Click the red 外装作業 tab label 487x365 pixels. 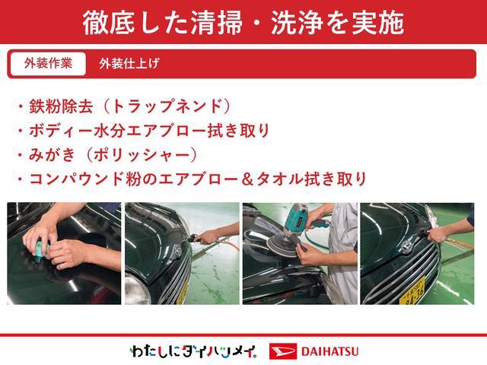[47, 64]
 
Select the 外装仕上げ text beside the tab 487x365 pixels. [129, 64]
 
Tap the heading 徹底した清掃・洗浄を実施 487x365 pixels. [243, 22]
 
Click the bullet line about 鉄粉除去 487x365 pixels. [122, 106]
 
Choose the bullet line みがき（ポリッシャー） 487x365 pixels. [107, 155]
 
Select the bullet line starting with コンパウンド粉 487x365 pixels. [190, 179]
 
